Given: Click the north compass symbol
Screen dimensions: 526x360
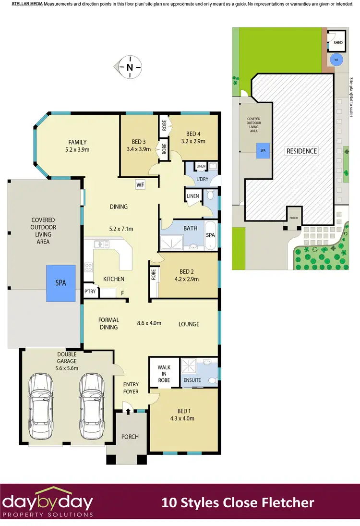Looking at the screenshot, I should point(129,67).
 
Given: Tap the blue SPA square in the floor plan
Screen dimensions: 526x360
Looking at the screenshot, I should point(60,283).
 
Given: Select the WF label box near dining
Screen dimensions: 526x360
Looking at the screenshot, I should point(140,184).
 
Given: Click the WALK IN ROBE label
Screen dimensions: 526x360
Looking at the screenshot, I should point(164,373).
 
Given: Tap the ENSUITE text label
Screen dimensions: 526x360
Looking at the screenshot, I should point(192,380).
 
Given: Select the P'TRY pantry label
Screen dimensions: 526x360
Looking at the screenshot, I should point(90,292).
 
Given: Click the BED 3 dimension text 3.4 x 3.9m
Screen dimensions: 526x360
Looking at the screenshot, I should point(139,149).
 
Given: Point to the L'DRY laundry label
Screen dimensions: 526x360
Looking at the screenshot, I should point(202,179).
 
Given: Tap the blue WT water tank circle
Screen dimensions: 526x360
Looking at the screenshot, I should point(336,60).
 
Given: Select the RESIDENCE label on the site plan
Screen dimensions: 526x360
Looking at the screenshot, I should point(301,151).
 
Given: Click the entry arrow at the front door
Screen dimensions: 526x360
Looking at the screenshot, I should point(128,409).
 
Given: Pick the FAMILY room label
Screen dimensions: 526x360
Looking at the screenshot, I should point(77,142).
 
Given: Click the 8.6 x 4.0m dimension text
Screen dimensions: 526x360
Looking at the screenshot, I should point(149,323).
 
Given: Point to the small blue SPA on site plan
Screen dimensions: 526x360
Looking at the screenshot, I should point(263,150).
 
